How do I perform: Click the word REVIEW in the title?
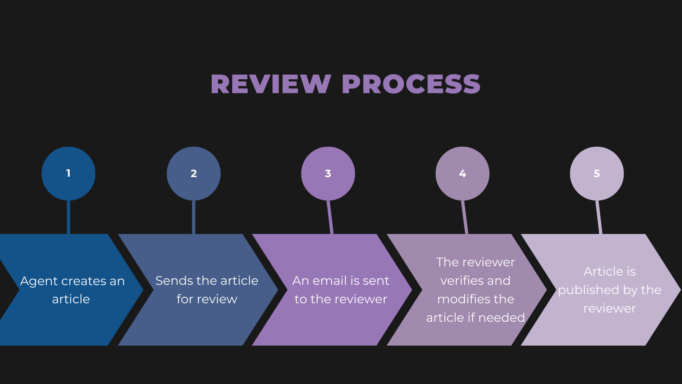[x=271, y=84]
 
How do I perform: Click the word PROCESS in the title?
[x=411, y=84]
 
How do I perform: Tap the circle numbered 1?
[x=68, y=174]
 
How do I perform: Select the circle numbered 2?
[x=194, y=174]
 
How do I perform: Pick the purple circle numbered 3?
[x=328, y=174]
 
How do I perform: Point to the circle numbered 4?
[x=462, y=174]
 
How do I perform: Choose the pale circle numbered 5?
[x=597, y=174]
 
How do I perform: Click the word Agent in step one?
[x=39, y=281]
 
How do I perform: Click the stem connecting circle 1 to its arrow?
[x=68, y=217]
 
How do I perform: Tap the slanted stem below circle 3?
[x=330, y=217]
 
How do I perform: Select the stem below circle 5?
[x=599, y=217]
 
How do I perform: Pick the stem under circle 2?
[x=194, y=217]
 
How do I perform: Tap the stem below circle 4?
[x=465, y=217]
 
